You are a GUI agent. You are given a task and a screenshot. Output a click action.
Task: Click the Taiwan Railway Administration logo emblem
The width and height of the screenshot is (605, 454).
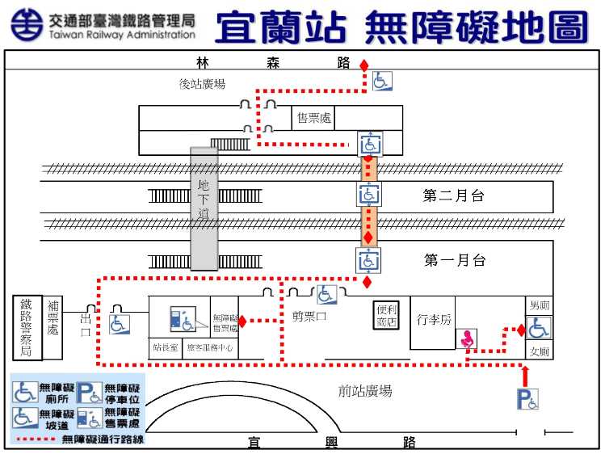coord(27,26)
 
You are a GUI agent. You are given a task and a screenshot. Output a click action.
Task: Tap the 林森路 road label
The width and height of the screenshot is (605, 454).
coord(273,62)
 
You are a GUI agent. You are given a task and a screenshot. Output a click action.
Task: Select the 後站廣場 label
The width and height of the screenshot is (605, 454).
coord(202,84)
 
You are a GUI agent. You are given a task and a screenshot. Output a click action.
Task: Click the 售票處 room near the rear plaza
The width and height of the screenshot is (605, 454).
coord(313,118)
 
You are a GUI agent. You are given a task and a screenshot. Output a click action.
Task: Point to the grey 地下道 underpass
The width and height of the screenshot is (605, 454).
coord(204,208)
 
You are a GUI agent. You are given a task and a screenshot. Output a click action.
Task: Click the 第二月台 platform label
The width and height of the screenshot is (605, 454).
coord(455,195)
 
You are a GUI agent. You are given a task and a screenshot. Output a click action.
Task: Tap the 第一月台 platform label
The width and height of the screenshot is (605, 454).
coord(455,260)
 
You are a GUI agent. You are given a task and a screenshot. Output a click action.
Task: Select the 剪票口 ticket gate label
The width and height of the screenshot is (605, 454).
coord(309,317)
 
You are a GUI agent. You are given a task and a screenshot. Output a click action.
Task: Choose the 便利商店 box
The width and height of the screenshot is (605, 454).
coord(387,316)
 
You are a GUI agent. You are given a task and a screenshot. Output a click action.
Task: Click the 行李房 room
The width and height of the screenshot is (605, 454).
coord(434,320)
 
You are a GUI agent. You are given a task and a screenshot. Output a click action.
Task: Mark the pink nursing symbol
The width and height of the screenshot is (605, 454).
coord(467,339)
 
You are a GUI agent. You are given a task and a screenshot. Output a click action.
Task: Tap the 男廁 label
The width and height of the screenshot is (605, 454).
coord(539,305)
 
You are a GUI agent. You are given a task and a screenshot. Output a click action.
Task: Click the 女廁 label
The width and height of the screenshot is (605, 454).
coord(539,351)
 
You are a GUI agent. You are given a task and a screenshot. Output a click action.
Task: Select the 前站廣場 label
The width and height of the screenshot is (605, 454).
coord(365,391)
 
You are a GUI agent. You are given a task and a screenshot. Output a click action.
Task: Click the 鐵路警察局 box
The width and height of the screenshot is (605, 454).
coord(27,327)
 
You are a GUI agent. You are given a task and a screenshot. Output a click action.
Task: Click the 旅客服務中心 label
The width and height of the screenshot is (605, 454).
coord(210,348)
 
